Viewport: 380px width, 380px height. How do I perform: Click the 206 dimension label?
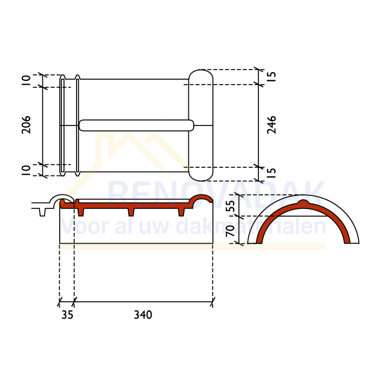(26, 125)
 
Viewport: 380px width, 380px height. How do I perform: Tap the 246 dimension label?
(271, 125)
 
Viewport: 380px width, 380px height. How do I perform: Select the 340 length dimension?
(143, 315)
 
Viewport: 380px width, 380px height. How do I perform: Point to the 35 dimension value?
(67, 315)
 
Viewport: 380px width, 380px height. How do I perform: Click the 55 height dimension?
(231, 206)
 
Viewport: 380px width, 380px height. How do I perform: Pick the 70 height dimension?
(231, 231)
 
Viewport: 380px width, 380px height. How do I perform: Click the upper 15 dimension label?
(271, 77)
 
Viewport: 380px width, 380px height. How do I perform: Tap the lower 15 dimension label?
(271, 173)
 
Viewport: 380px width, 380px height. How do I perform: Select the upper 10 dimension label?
(26, 80)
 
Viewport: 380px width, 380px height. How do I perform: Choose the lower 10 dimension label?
(26, 170)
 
